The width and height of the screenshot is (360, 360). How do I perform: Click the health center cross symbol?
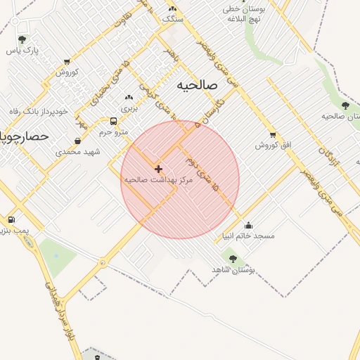click(158, 169)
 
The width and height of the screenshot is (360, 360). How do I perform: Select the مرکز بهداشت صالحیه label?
click(158, 180)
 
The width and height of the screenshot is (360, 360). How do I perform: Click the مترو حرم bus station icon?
click(114, 121)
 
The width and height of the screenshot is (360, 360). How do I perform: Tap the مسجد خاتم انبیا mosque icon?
click(248, 225)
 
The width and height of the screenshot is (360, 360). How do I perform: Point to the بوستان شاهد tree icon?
click(233, 259)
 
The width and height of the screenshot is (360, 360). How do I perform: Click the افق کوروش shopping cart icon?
click(273, 134)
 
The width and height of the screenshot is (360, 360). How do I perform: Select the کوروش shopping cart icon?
click(67, 62)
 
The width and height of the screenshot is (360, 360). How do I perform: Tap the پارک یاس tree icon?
click(22, 39)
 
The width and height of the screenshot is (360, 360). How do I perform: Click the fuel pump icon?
click(11, 220)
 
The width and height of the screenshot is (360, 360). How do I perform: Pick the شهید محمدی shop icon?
click(77, 141)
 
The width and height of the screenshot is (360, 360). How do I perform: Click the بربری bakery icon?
click(129, 98)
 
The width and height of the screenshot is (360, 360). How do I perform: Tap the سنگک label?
click(172, 20)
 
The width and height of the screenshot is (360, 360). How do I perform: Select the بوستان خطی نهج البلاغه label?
click(242, 15)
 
